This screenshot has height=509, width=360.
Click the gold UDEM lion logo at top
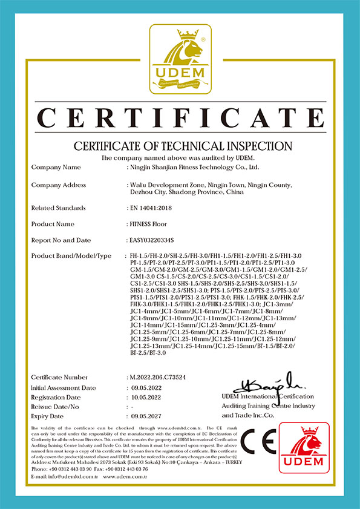[180, 59]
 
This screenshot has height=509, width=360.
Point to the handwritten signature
[270, 382]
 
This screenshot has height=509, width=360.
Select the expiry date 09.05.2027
[147, 416]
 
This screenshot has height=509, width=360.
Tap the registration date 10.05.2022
[147, 396]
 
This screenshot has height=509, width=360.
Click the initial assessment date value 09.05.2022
[147, 387]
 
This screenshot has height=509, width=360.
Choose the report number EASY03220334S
[156, 240]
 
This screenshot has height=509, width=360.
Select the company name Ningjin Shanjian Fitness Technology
[194, 166]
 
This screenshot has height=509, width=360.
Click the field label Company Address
[58, 185]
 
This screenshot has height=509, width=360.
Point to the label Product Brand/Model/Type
[71, 256]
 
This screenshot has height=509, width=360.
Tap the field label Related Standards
[58, 208]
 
